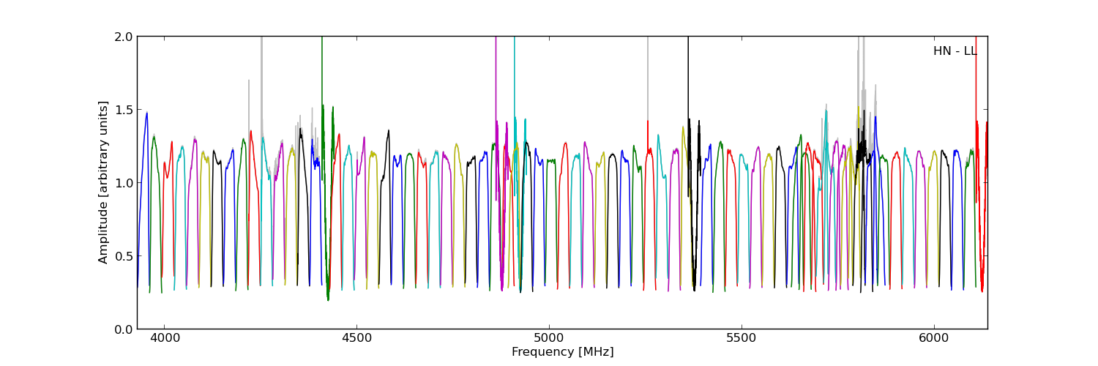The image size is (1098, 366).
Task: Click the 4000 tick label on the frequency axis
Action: pyautogui.click(x=164, y=339)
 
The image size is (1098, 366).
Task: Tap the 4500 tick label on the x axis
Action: pyautogui.click(x=356, y=339)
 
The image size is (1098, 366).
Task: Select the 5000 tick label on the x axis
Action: pyautogui.click(x=549, y=339)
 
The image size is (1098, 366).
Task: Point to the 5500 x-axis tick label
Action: pyautogui.click(x=742, y=339)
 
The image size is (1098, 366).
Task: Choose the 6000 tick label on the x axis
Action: pyautogui.click(x=934, y=339)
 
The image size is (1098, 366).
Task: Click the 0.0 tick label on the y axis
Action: pyautogui.click(x=124, y=329)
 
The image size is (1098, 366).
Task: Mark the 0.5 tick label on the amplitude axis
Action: pyautogui.click(x=124, y=255)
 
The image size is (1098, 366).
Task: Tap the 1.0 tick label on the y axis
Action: pyautogui.click(x=124, y=182)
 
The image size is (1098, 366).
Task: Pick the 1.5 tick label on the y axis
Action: pyautogui.click(x=124, y=109)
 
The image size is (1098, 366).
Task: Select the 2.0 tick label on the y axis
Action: pyautogui.click(x=124, y=37)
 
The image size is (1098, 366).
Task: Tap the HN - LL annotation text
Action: pyautogui.click(x=955, y=51)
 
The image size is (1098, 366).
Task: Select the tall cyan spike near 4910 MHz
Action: pyautogui.click(x=515, y=73)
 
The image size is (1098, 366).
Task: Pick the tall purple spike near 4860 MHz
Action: pyautogui.click(x=496, y=73)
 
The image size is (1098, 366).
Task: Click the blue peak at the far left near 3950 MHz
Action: pyautogui.click(x=146, y=114)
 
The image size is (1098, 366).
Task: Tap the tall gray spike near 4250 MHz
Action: pyautogui.click(x=261, y=73)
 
